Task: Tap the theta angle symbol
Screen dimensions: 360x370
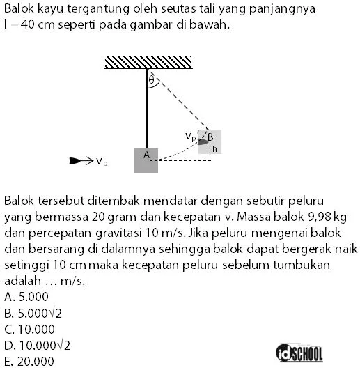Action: (x=151, y=80)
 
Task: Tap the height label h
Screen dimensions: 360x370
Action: (x=215, y=149)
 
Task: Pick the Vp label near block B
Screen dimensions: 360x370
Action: (x=190, y=136)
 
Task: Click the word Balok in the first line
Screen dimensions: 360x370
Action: (x=19, y=10)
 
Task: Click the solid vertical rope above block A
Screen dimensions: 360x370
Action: (x=147, y=111)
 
